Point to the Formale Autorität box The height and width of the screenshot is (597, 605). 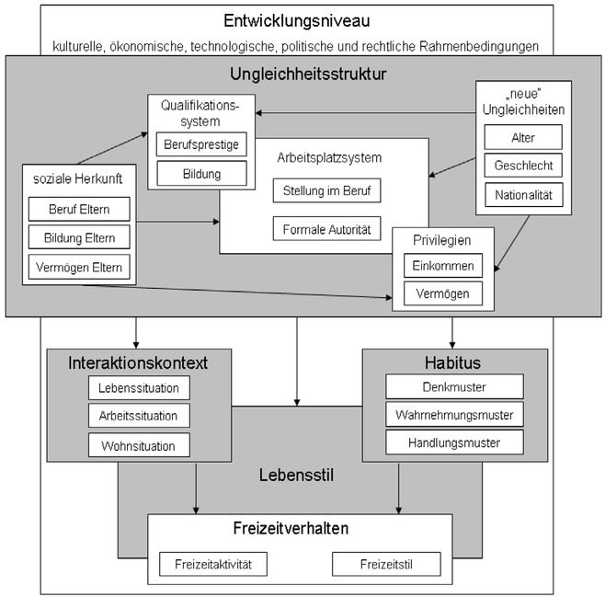[x=326, y=228]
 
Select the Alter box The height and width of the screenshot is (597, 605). [x=523, y=138]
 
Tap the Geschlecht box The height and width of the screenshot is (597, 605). [x=523, y=166]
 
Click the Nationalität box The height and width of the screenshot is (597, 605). [x=523, y=195]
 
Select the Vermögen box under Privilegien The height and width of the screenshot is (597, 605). [x=442, y=293]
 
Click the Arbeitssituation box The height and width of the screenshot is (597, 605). [x=139, y=416]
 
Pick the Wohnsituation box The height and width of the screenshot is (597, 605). [x=139, y=445]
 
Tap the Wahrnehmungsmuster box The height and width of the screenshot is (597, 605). [x=454, y=414]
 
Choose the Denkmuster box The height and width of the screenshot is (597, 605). [x=454, y=385]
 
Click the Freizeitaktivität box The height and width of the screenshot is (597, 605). [x=213, y=563]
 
